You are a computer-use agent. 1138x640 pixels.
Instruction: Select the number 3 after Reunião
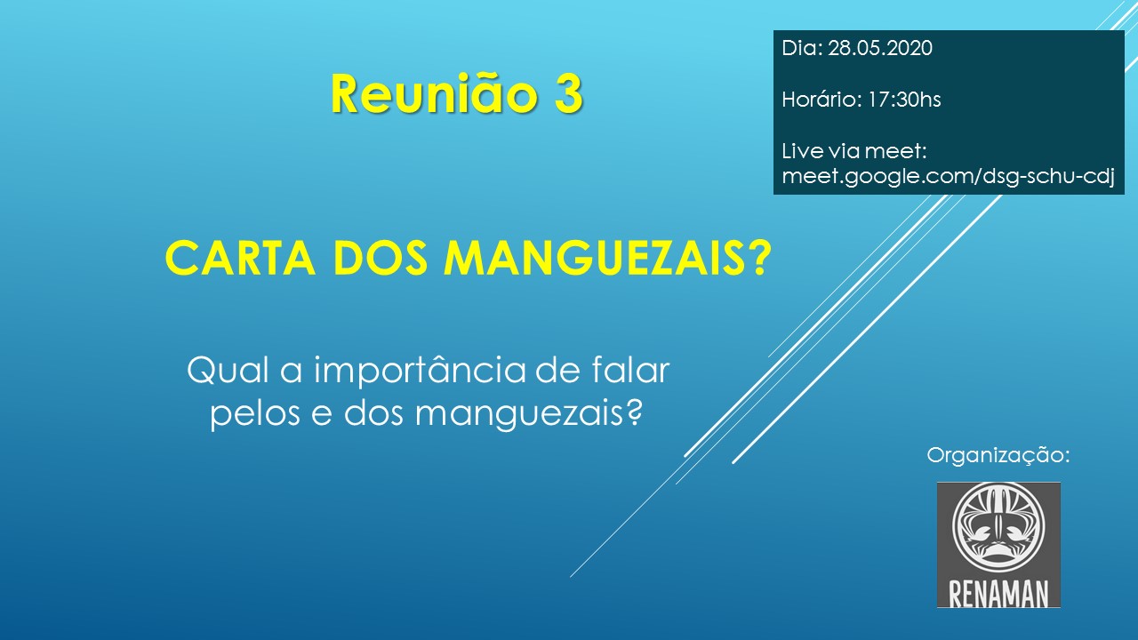(568, 95)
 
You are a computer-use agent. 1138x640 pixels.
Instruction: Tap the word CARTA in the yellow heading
(240, 258)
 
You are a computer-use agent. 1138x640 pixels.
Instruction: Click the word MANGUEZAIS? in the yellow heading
(607, 258)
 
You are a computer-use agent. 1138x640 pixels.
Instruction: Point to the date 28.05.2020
(880, 48)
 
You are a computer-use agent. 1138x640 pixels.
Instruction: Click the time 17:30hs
(904, 100)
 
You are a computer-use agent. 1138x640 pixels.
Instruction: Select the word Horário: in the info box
(821, 100)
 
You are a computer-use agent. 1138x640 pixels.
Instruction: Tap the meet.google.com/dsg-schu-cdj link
(949, 177)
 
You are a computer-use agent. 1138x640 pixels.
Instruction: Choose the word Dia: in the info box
(802, 48)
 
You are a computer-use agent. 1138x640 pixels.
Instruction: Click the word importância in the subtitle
(420, 372)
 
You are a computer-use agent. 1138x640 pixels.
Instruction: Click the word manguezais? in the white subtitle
(528, 415)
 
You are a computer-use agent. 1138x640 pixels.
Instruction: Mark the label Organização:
(998, 456)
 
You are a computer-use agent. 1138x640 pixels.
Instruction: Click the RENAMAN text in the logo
(998, 594)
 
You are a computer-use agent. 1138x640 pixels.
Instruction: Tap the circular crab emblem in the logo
(998, 526)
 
